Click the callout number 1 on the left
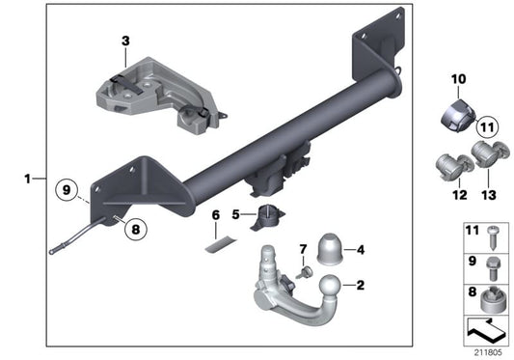tap(29, 178)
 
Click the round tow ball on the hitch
tap(329, 290)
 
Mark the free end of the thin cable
tap(51, 252)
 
